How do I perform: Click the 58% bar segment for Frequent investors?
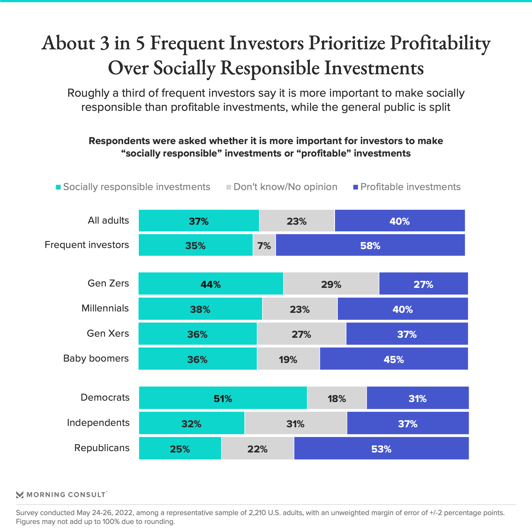click(370, 245)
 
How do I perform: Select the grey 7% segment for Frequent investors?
click(264, 245)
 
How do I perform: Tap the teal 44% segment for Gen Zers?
click(211, 284)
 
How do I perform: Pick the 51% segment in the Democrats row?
click(223, 398)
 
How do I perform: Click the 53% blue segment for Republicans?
click(381, 448)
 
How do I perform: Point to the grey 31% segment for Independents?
click(295, 423)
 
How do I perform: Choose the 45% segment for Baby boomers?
click(393, 359)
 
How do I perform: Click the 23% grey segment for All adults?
click(296, 221)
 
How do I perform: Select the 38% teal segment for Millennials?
click(200, 309)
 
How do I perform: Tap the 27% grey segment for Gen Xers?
click(301, 334)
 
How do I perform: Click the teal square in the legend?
click(58, 187)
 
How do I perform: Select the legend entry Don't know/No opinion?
click(285, 187)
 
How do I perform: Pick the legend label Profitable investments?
click(410, 187)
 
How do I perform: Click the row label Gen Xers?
click(108, 333)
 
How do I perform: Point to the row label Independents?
click(98, 423)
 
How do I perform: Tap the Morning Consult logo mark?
click(20, 495)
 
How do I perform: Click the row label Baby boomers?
click(96, 359)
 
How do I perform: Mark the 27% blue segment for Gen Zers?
click(423, 284)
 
